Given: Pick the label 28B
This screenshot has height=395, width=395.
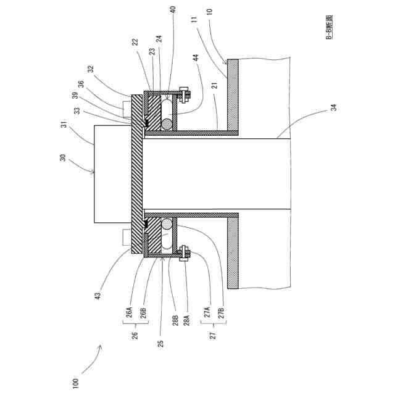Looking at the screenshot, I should (175, 322).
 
